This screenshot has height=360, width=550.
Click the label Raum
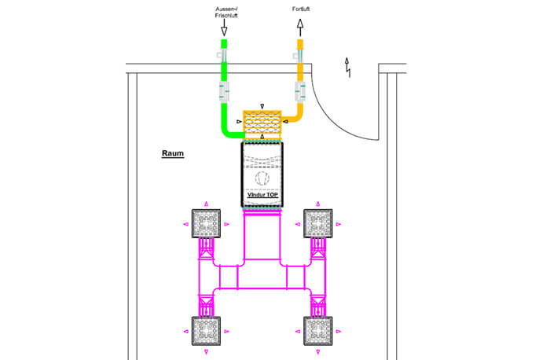point(173,153)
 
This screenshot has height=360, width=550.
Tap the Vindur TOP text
point(262,195)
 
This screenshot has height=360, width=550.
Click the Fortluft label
point(301,9)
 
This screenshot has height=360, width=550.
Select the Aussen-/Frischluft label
point(226,13)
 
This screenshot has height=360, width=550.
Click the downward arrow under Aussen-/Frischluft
point(224,28)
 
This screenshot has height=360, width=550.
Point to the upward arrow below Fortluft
point(300,28)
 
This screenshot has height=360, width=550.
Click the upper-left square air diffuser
point(206,223)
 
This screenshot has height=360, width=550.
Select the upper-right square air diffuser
point(317,223)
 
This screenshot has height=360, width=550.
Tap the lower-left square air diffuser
point(206,331)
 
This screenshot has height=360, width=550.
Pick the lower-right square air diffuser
point(317,331)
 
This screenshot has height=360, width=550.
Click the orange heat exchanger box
point(262,122)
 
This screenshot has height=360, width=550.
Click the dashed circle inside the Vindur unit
point(262,178)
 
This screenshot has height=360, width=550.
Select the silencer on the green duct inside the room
point(224,92)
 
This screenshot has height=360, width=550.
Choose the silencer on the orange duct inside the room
point(300,92)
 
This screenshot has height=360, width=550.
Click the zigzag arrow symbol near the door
point(347,68)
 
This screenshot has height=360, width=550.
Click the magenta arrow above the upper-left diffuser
point(206,204)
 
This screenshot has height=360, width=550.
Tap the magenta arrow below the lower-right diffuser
point(317,351)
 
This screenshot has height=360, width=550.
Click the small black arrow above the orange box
point(262,106)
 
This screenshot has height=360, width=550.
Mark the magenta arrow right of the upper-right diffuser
point(339,224)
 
